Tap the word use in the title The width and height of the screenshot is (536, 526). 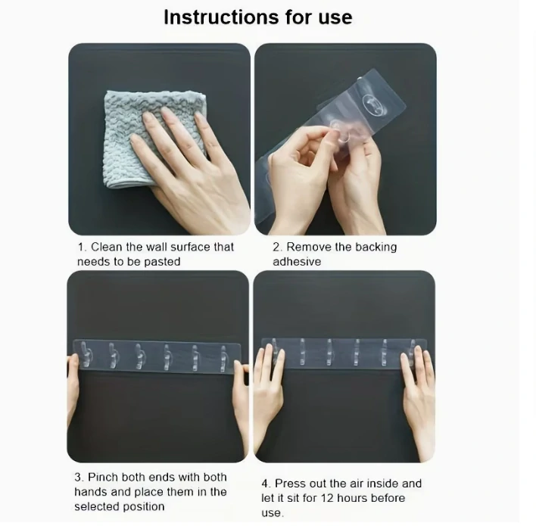pos(335,17)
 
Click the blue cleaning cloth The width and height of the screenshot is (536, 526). pos(155,138)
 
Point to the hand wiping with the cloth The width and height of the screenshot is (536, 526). pos(190,167)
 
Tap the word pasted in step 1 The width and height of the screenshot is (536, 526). pos(162,262)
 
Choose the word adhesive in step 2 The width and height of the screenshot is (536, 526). pos(297,262)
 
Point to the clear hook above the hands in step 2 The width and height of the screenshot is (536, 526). pos(374,104)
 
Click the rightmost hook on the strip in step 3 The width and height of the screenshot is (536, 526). pos(224,358)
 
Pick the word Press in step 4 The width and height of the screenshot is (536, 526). pos(291,484)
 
